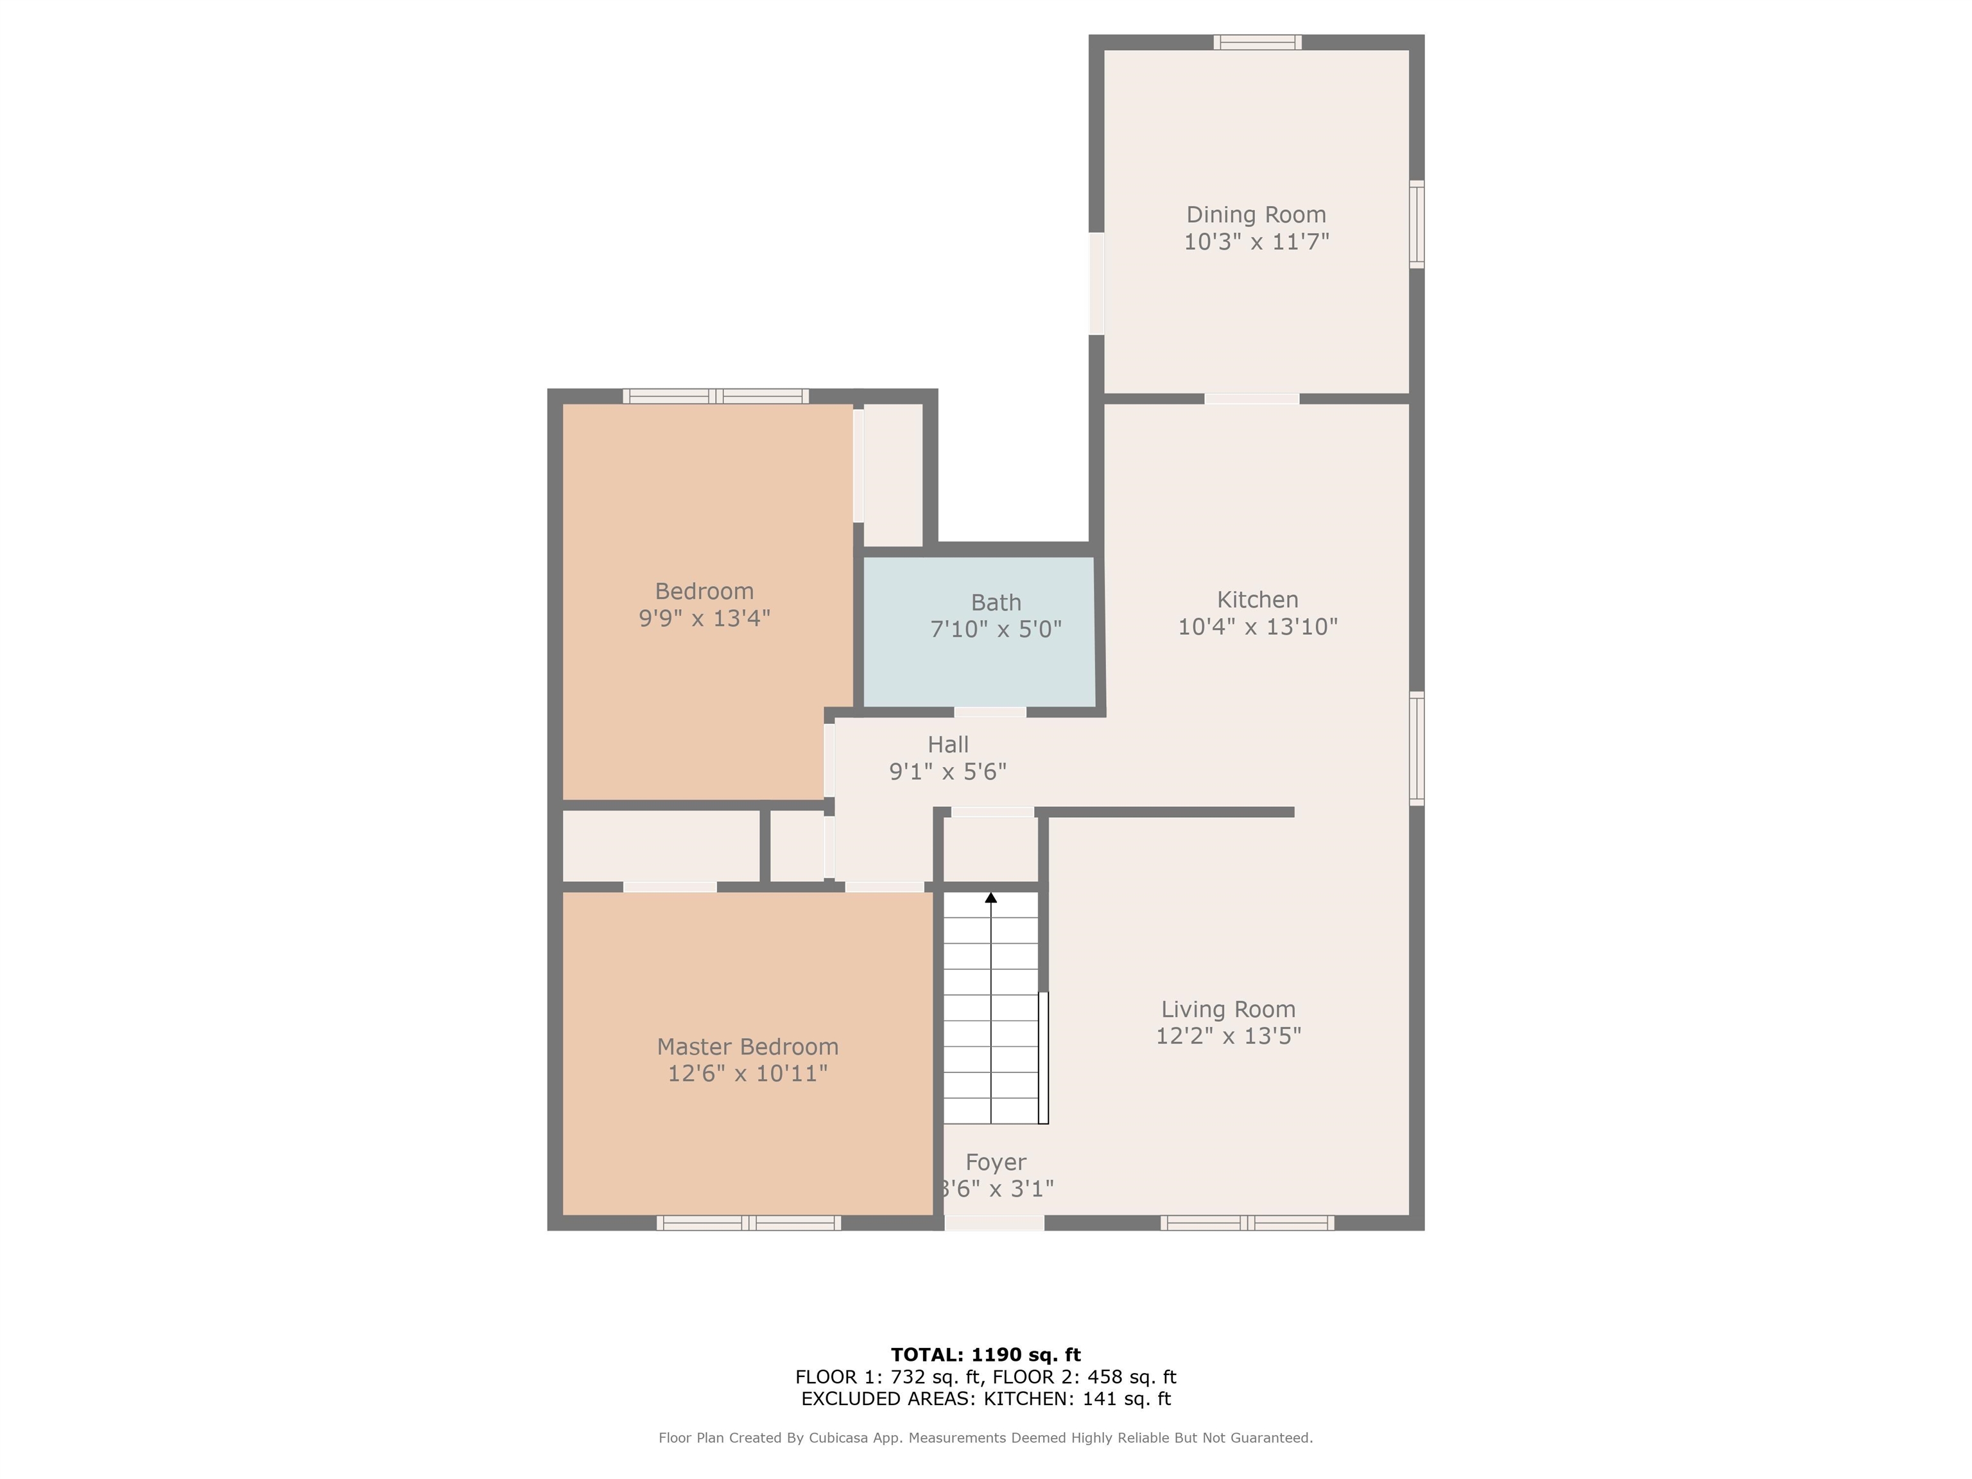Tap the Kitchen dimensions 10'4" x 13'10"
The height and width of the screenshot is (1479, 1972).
[1257, 627]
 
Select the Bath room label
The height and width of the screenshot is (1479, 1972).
[996, 603]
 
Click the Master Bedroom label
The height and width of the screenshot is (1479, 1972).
[747, 1046]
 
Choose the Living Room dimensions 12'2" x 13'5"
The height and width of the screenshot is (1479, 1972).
[1227, 1036]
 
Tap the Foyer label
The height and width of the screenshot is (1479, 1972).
[996, 1163]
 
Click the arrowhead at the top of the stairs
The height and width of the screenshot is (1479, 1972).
[990, 898]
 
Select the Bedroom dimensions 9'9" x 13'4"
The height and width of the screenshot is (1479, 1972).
[704, 618]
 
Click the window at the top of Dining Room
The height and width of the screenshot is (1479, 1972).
[1257, 42]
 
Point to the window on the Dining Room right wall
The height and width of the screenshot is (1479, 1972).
[1417, 224]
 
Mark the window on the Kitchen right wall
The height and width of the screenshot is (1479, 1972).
[1417, 749]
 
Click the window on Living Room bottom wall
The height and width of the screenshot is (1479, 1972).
[1247, 1223]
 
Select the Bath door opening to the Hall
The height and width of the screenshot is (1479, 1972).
[990, 711]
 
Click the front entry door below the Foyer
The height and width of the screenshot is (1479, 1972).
[994, 1223]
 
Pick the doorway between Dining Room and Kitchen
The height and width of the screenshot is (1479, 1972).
[1252, 399]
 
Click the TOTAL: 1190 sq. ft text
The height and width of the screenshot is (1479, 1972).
[985, 1355]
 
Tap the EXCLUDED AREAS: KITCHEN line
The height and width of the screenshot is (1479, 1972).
[985, 1399]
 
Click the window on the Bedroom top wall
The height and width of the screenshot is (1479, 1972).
[716, 397]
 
